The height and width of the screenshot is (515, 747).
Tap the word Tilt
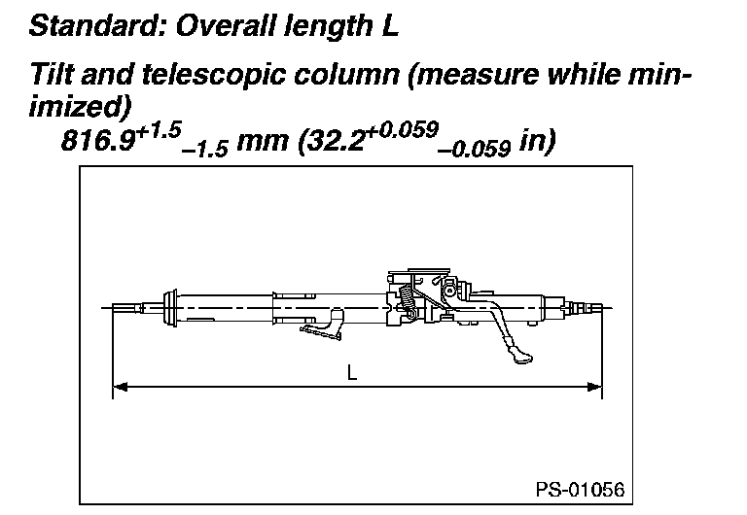point(50,75)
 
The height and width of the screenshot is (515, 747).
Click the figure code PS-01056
point(580,488)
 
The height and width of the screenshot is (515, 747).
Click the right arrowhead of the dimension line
point(596,389)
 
